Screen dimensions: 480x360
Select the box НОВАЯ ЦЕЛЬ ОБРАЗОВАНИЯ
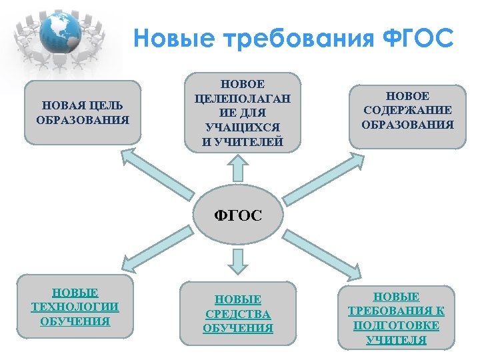pos(83,113)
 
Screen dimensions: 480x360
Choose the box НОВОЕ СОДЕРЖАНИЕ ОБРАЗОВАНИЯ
pos(407,111)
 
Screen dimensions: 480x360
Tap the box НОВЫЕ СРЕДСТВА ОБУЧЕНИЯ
pos(238,314)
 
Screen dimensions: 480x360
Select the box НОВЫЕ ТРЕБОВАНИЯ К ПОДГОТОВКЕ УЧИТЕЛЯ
pos(396,318)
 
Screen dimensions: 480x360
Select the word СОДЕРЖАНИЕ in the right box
pos(407,111)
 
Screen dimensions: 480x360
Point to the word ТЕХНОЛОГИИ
pos(75,307)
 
